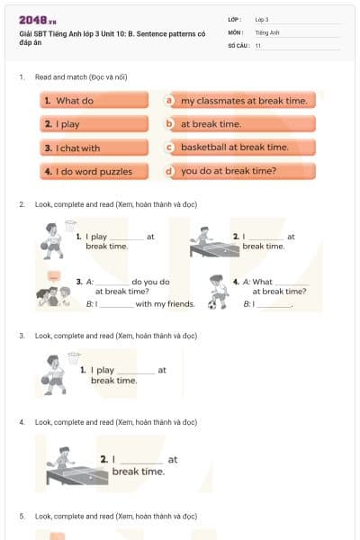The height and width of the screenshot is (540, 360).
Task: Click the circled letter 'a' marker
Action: point(169,101)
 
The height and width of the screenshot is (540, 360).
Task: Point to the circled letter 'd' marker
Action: point(169,171)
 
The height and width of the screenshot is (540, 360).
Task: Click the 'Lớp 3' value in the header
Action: point(262,19)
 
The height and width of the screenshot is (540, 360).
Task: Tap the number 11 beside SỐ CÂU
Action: point(258,45)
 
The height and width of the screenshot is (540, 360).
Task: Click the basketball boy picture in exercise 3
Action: point(56,373)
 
